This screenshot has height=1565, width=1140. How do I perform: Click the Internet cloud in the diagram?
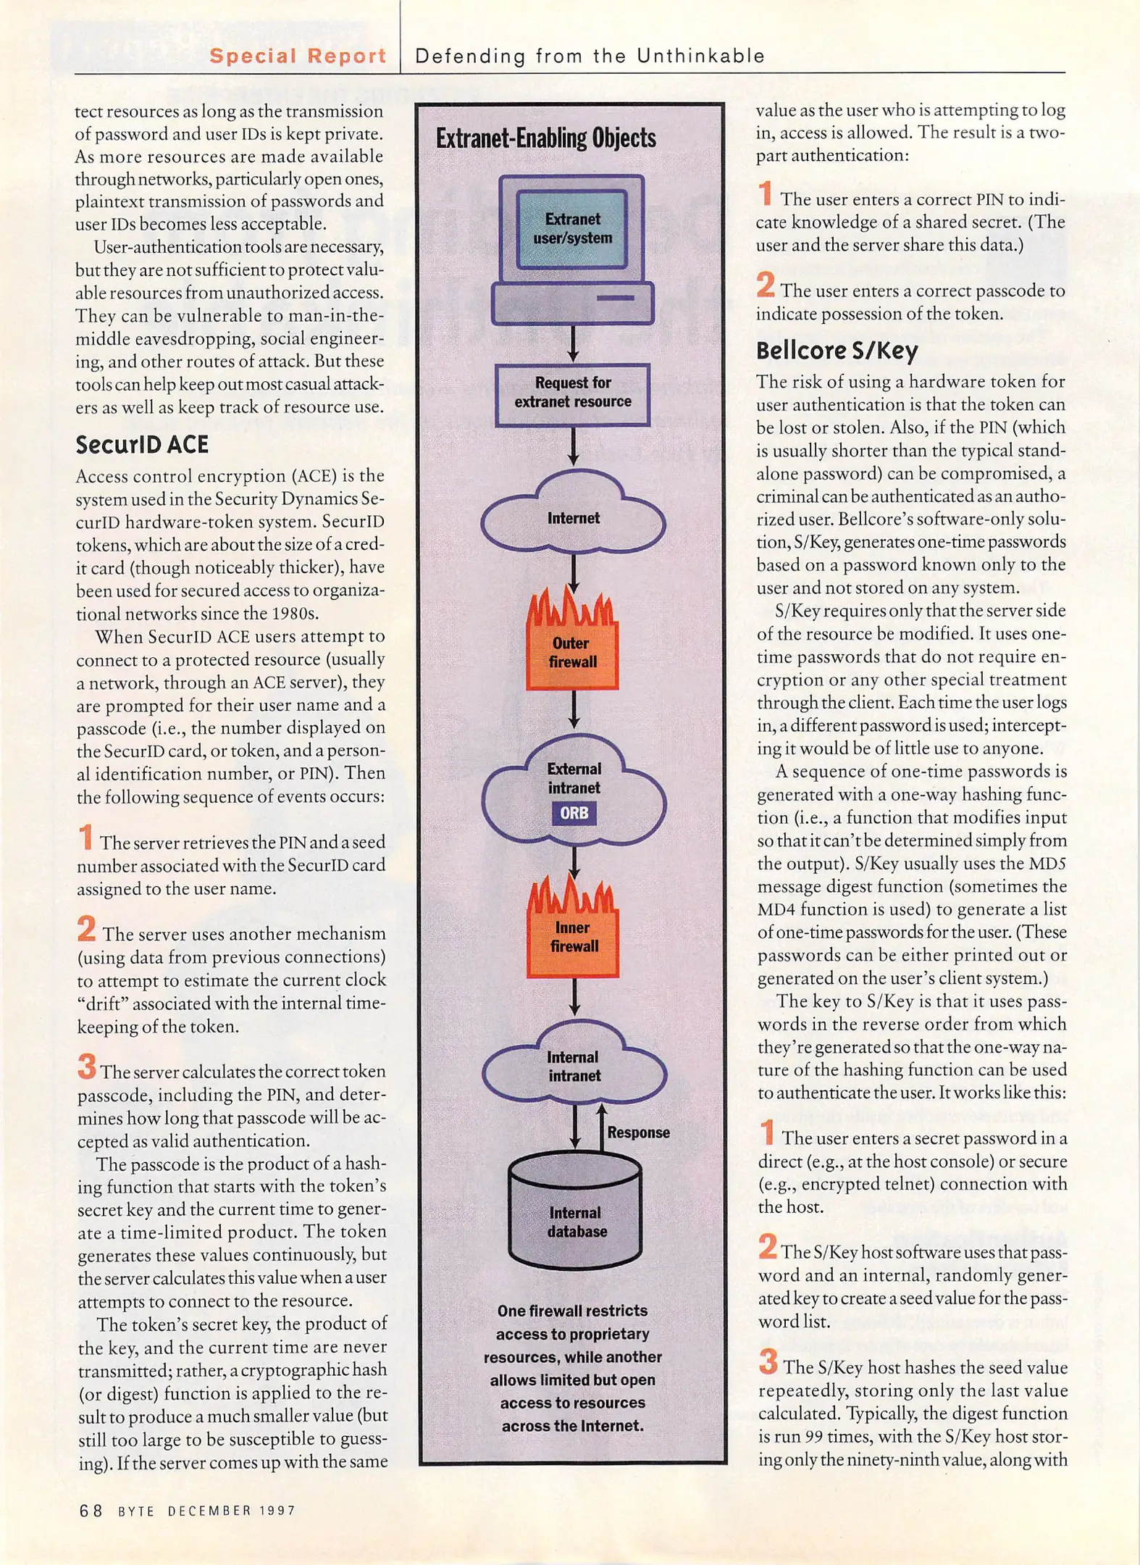573,518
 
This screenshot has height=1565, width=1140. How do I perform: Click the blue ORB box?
574,813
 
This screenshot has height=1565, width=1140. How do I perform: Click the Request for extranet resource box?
572,393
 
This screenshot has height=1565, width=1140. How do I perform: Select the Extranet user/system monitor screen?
572,229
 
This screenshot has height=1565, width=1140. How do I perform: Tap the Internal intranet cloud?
574,1067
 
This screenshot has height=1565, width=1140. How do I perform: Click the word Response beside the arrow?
638,1132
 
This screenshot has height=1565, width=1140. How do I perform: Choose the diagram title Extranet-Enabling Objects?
545,138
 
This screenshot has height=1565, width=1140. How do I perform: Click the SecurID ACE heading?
142,444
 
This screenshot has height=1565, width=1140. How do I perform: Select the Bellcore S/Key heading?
837,351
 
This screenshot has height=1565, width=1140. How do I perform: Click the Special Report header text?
297,56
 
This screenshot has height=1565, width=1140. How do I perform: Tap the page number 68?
91,1511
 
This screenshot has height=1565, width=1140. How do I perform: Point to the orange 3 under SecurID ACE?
87,1067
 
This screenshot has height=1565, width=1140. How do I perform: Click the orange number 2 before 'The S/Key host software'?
768,1247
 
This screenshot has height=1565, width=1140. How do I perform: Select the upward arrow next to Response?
601,1127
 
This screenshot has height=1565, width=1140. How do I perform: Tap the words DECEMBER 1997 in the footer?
232,1511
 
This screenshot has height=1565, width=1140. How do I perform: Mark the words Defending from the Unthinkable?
590,56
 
